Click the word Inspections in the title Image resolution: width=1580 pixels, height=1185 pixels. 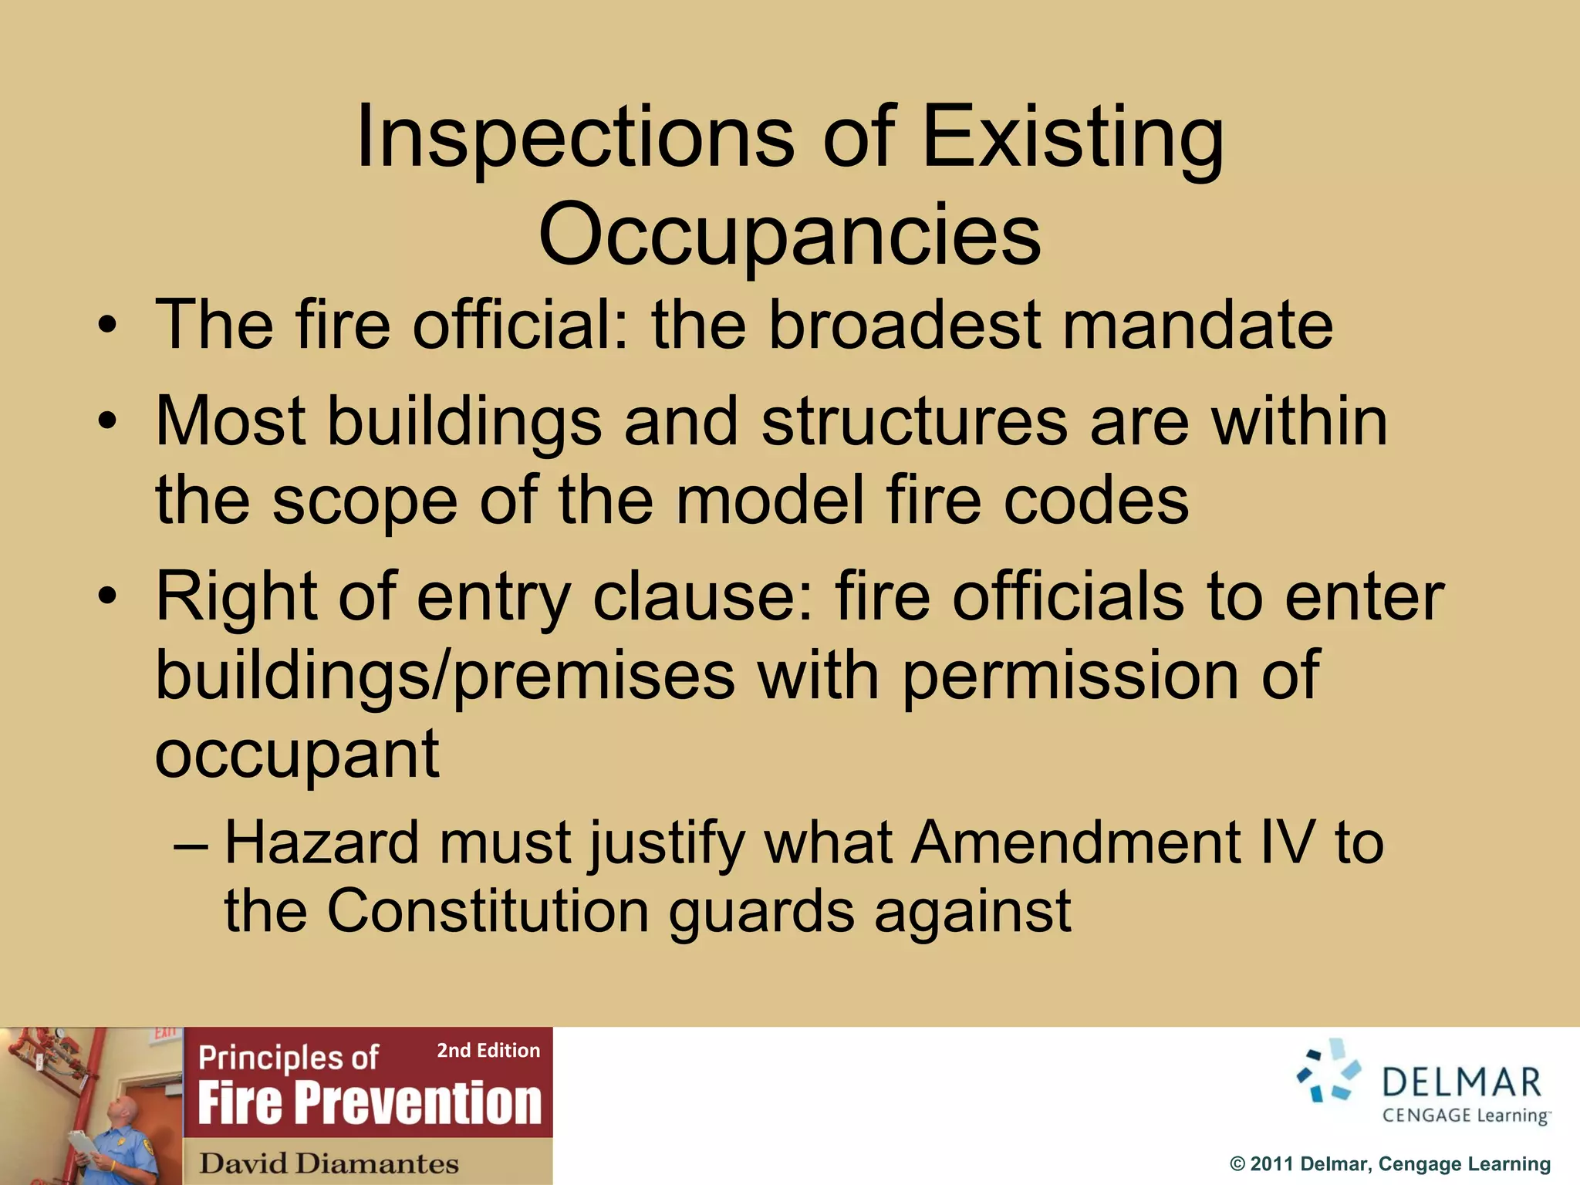point(575,137)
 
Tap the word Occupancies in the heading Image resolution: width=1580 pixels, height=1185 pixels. point(789,233)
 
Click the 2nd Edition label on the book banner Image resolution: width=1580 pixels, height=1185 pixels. point(488,1051)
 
